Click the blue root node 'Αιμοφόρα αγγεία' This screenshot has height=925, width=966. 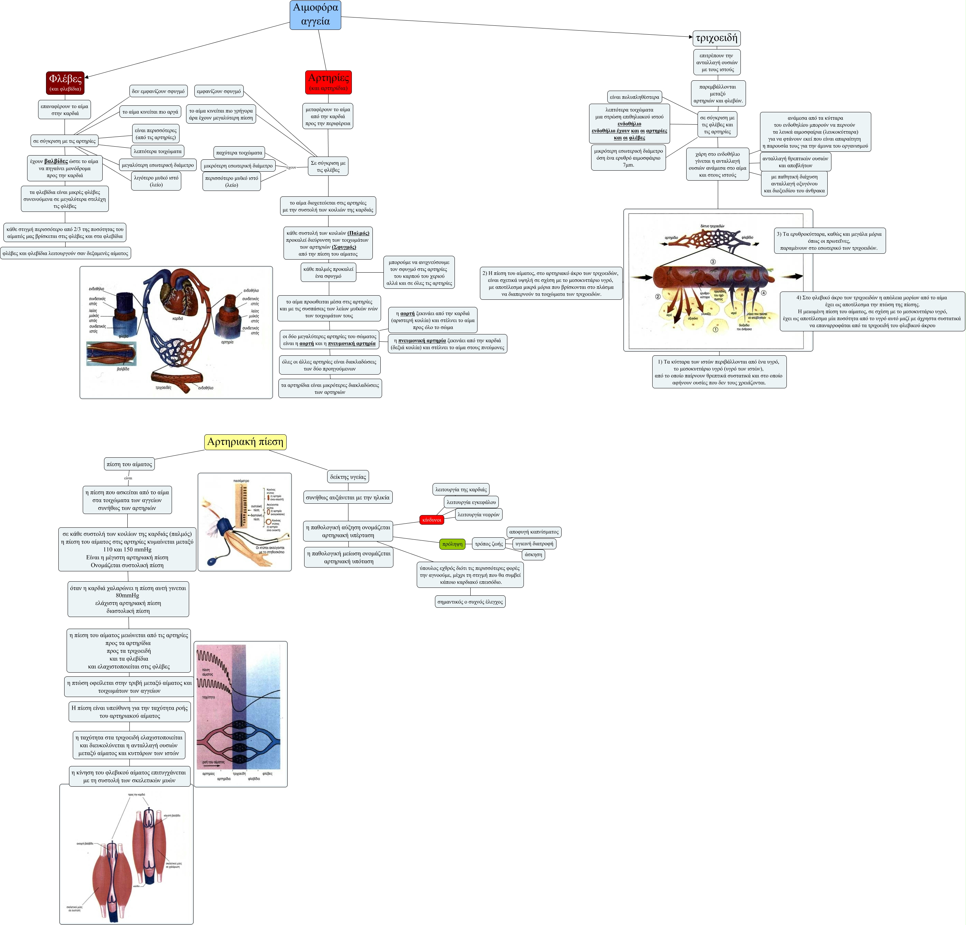tap(315, 15)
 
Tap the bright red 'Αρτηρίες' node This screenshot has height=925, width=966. tap(328, 82)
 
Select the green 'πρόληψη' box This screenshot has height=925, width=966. tap(452, 544)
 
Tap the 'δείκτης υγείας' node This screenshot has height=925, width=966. tap(348, 477)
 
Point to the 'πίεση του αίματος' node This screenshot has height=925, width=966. tap(129, 464)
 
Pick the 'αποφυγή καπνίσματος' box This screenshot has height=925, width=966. tap(534, 532)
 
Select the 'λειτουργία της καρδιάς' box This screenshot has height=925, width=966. tap(461, 490)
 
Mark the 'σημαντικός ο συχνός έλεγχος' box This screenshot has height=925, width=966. tap(470, 602)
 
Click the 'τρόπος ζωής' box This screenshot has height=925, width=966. tap(489, 544)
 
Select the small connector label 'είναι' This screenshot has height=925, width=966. tap(128, 478)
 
